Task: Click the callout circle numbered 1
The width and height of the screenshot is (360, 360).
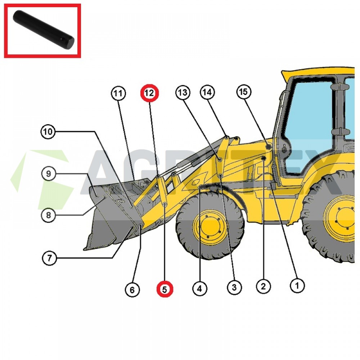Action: point(297,286)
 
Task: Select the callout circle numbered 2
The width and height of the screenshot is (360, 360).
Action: point(263,287)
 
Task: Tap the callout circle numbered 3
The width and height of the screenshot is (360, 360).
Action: point(234,287)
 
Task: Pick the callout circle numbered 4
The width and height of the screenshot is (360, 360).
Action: point(199,288)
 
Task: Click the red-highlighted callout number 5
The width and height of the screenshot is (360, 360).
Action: point(165,289)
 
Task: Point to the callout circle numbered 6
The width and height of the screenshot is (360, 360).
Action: point(132,289)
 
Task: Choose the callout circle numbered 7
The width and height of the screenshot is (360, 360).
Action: point(49,258)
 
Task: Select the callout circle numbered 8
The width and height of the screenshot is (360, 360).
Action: point(48,216)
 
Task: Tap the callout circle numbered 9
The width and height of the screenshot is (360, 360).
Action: point(49,174)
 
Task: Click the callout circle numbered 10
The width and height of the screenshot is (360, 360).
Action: point(48,132)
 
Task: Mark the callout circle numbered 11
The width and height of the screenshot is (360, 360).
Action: point(118,94)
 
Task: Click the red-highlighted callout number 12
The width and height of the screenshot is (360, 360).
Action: point(149,93)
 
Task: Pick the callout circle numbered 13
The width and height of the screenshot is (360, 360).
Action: point(183,93)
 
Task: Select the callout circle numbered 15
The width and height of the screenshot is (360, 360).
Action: point(244,92)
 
